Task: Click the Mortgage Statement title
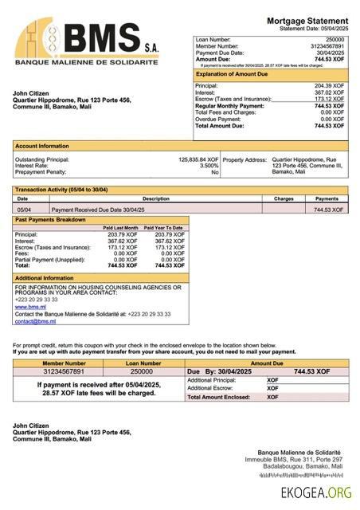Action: [x=307, y=20]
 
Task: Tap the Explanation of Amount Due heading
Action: [x=231, y=74]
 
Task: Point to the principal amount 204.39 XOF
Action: [x=329, y=85]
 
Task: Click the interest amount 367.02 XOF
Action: [x=329, y=92]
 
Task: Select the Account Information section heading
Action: [x=42, y=147]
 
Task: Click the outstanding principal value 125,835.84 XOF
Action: [x=198, y=159]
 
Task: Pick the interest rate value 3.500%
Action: [x=209, y=166]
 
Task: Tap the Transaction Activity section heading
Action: [x=61, y=190]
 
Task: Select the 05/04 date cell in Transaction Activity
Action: [x=24, y=210]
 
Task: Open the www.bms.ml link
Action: [x=30, y=306]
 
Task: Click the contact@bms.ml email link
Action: [x=35, y=321]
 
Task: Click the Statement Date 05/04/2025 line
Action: [x=314, y=29]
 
